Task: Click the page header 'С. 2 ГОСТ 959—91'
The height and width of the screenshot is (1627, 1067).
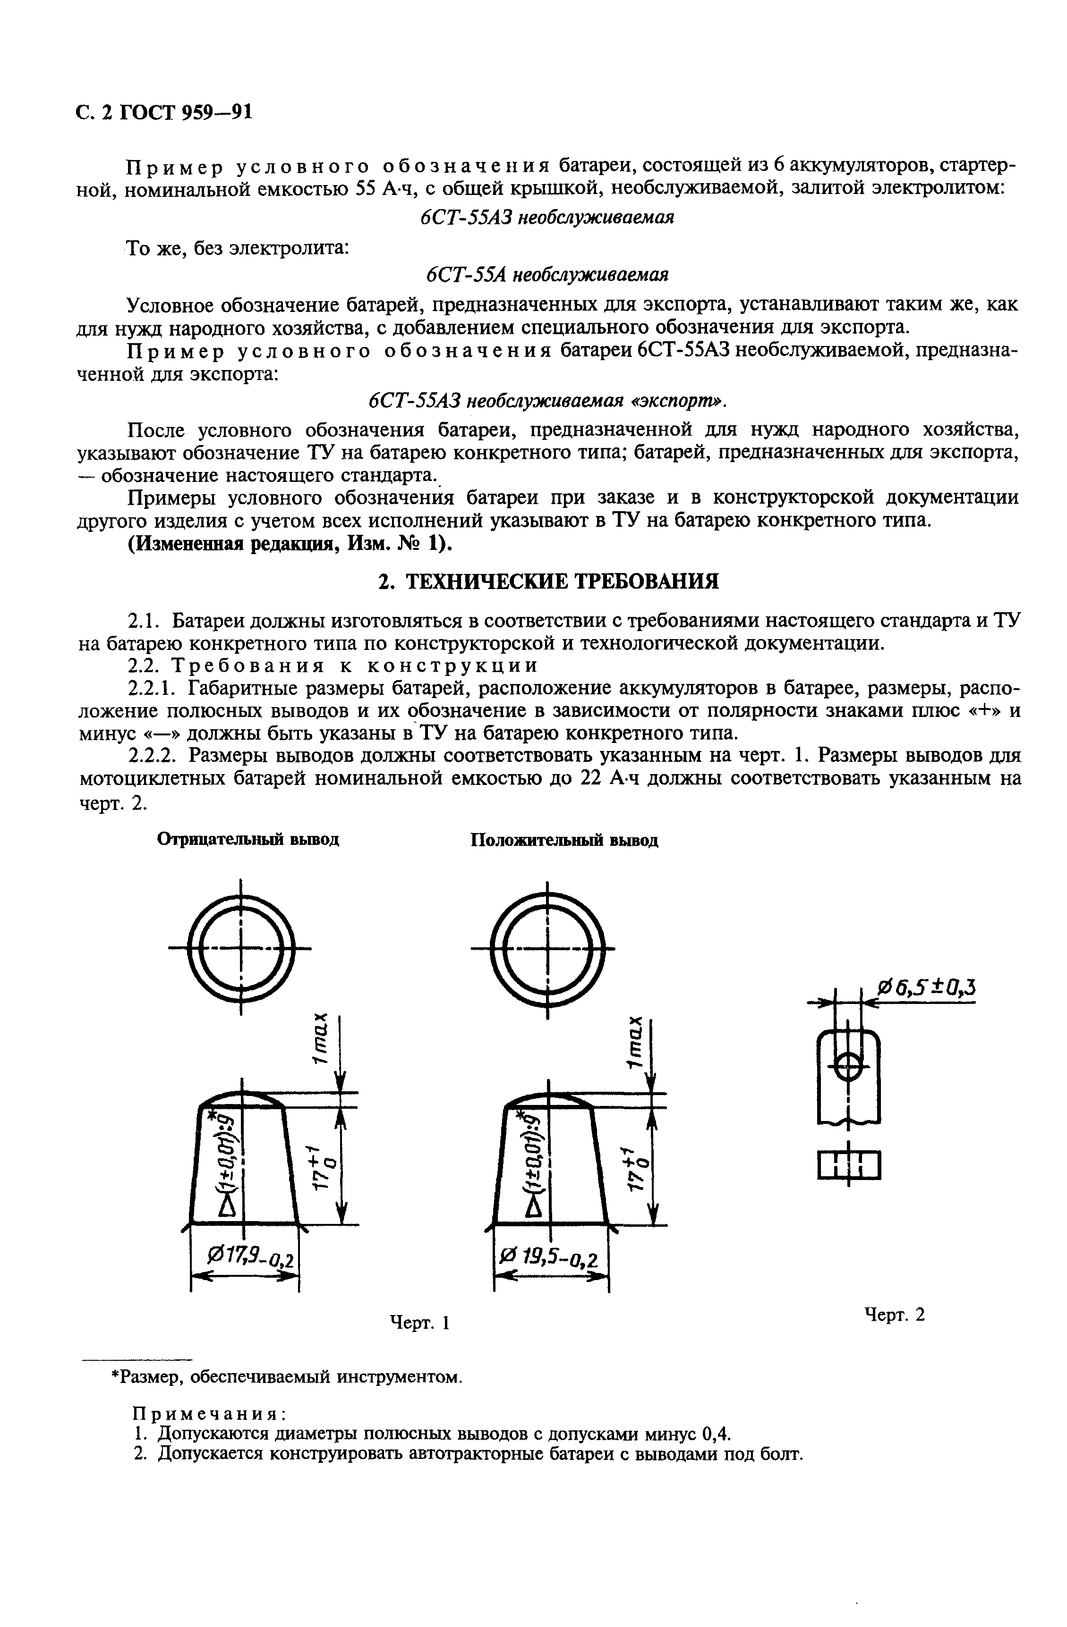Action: coord(163,111)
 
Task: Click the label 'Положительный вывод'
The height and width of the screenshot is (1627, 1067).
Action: coord(564,840)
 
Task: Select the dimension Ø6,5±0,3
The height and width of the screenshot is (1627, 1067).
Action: coord(926,987)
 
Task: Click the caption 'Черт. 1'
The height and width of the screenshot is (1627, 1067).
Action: coord(418,1322)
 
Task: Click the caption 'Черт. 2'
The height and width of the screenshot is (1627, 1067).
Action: coord(895,1314)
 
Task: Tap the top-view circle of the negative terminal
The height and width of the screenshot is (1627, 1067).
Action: coord(241,948)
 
